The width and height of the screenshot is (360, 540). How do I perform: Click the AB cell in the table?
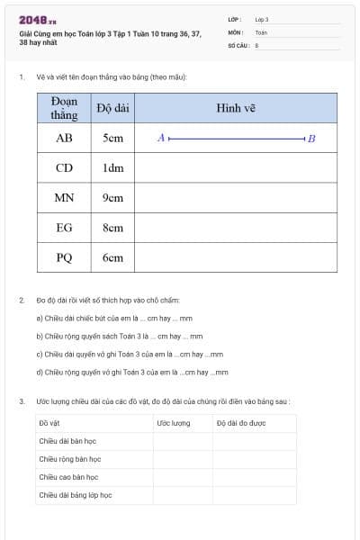(x=64, y=139)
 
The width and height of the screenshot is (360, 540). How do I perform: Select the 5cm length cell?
(x=112, y=139)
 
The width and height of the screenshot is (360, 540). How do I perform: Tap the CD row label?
(x=64, y=168)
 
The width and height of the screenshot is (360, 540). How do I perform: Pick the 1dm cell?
(x=112, y=168)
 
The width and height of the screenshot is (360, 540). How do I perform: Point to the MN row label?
(x=64, y=198)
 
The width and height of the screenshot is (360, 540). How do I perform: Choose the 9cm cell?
(x=112, y=198)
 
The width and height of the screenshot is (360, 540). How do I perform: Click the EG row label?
(x=64, y=228)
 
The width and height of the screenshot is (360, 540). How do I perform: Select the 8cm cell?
(x=112, y=228)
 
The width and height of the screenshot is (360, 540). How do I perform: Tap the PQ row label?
(x=64, y=257)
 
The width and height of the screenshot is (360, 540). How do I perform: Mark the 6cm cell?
(x=112, y=257)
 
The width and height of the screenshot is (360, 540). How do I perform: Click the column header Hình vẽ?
(x=236, y=108)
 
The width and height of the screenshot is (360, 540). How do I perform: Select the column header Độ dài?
(x=112, y=108)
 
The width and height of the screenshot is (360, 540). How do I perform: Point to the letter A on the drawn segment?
(x=160, y=139)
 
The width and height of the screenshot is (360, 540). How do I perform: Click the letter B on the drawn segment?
(x=311, y=139)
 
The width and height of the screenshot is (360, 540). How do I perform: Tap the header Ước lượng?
(x=174, y=422)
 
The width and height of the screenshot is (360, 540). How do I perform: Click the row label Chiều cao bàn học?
(x=68, y=477)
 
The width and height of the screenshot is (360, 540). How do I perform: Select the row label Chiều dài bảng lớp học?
(x=75, y=495)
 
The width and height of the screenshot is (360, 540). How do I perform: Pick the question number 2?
(x=22, y=300)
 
